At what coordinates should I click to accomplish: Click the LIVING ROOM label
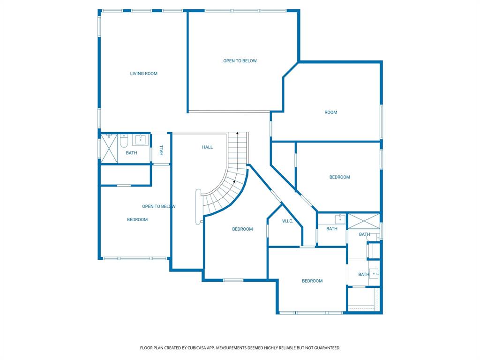click(x=143, y=74)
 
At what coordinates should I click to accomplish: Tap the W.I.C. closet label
click(x=287, y=221)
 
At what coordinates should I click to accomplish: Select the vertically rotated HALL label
click(x=161, y=150)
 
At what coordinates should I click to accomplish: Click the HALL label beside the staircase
click(x=207, y=147)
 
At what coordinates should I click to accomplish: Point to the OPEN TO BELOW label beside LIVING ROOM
click(x=240, y=61)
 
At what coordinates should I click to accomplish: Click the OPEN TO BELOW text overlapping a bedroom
click(x=158, y=206)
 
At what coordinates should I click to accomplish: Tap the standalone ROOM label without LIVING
click(x=330, y=112)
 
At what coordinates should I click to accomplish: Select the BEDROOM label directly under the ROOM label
click(x=339, y=177)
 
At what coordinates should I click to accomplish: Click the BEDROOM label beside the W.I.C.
click(x=242, y=229)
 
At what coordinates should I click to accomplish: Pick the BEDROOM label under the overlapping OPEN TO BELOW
click(x=137, y=219)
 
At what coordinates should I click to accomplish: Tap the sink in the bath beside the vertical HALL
click(x=141, y=140)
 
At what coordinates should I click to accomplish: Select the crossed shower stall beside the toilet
click(x=109, y=149)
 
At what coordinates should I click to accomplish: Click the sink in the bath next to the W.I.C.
click(x=340, y=219)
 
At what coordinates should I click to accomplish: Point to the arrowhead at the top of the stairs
click(x=238, y=133)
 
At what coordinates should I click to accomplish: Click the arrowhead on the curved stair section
click(x=234, y=181)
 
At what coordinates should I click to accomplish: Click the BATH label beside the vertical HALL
click(x=132, y=153)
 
